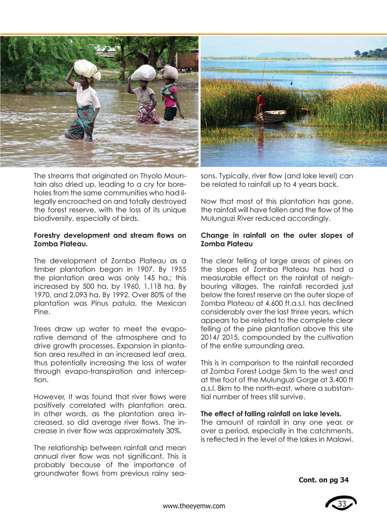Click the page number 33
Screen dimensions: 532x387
point(342,504)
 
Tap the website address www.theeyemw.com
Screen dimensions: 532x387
point(194,506)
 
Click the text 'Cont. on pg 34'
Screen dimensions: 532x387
point(323,480)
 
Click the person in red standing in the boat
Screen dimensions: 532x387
point(260,101)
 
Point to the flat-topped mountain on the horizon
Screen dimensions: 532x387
point(284,55)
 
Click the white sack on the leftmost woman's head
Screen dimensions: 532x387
point(87,69)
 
